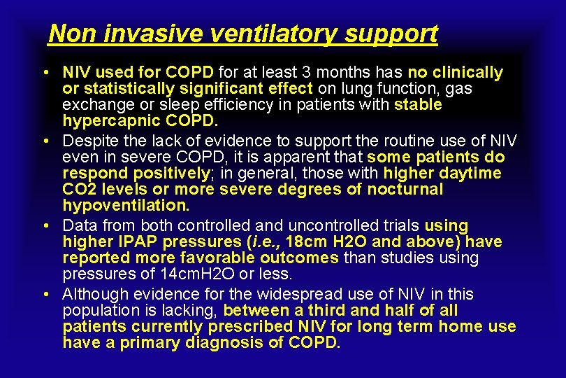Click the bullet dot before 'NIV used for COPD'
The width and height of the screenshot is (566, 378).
click(44, 73)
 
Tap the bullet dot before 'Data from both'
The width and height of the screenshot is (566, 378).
click(44, 226)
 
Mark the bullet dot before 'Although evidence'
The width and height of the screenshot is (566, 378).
click(44, 295)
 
